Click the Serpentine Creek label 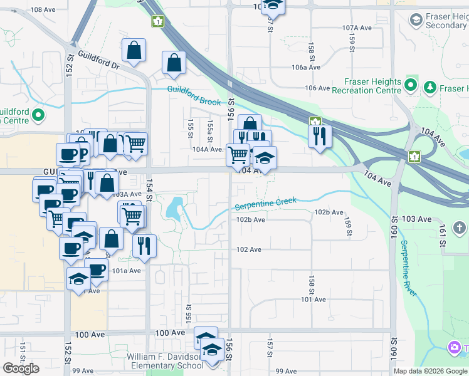(x=265, y=204)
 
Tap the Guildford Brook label (x=194, y=95)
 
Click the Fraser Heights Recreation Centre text (x=372, y=86)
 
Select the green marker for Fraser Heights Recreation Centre (x=411, y=84)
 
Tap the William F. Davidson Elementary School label (x=165, y=361)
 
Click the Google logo (x=21, y=368)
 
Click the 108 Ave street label (x=43, y=9)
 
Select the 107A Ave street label (x=357, y=28)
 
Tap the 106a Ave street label (x=306, y=67)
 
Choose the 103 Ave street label (x=417, y=219)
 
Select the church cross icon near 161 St (x=459, y=227)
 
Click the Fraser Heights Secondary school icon (x=416, y=20)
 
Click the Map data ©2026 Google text (x=429, y=371)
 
